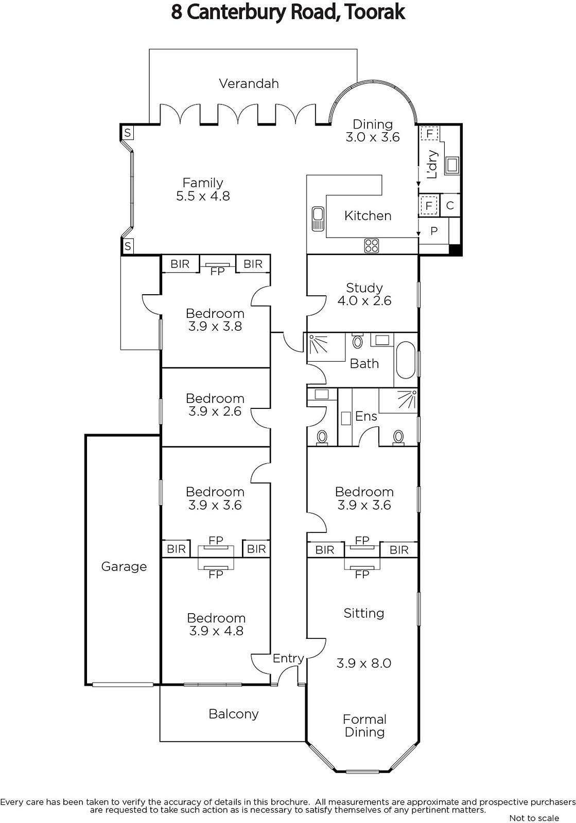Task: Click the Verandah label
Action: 249,84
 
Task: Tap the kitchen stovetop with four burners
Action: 371,245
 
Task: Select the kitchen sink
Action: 318,219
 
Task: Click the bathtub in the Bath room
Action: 406,360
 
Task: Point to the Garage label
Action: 124,566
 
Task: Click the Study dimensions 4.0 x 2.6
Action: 364,300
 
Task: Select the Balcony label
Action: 233,714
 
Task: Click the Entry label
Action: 288,658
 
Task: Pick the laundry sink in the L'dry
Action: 452,165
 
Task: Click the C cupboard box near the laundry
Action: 450,205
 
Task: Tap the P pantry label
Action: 434,231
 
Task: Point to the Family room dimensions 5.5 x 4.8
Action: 203,196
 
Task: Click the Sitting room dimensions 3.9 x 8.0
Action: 364,663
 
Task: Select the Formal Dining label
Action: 364,726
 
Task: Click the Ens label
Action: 366,416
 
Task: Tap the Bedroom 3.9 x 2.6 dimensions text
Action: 215,411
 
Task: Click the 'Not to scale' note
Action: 534,817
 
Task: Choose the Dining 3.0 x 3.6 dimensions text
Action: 373,137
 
